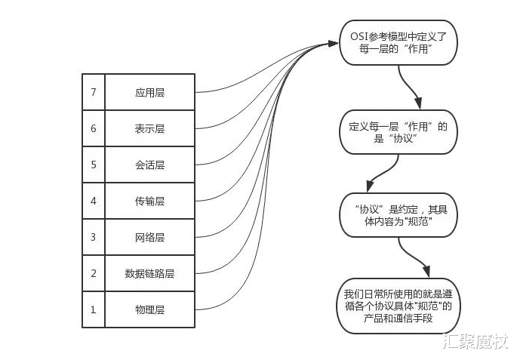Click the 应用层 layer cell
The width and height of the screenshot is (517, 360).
(x=149, y=92)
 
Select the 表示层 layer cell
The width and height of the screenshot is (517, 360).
(x=149, y=128)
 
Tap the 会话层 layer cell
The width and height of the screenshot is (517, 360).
(x=149, y=165)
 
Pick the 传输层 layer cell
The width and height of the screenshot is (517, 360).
(x=149, y=201)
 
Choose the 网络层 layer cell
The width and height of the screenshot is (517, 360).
(x=149, y=237)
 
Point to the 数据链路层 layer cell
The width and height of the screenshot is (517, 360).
(x=149, y=273)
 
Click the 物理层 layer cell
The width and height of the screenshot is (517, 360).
(x=149, y=309)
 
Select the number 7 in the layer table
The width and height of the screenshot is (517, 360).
(x=94, y=92)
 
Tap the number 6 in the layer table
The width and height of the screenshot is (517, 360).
(x=94, y=128)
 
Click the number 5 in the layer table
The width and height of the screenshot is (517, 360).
(x=94, y=165)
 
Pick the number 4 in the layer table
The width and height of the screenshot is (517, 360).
(x=94, y=201)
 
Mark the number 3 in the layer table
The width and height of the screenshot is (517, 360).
(x=94, y=237)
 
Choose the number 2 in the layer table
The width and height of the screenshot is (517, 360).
(x=94, y=273)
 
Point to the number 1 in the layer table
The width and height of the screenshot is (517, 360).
(x=94, y=309)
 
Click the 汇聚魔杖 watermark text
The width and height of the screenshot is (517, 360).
(x=475, y=343)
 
